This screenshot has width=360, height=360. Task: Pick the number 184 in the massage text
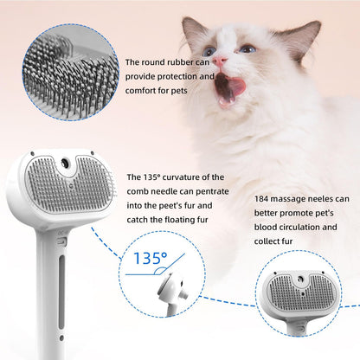point(264,199)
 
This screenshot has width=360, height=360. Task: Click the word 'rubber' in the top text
point(185,62)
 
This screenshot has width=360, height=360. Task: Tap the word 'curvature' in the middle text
point(182,176)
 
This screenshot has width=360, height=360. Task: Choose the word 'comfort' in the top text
point(142,90)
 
